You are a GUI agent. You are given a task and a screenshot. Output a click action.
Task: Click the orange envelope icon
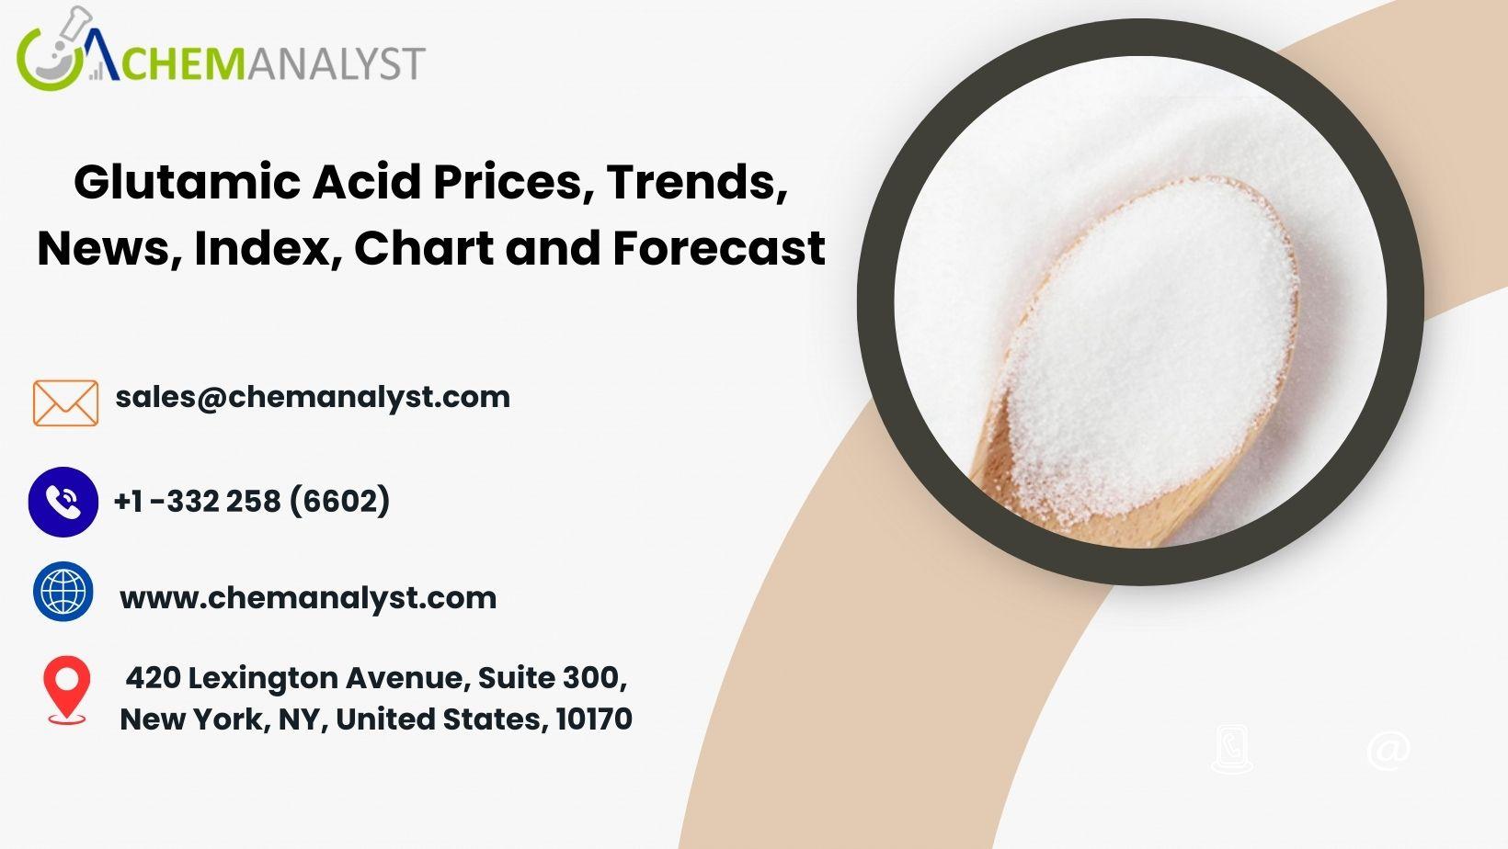click(65, 403)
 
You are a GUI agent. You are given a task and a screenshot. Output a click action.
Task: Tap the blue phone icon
click(63, 502)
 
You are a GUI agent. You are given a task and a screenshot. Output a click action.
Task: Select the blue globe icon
click(63, 592)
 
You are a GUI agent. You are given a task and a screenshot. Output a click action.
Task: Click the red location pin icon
click(66, 690)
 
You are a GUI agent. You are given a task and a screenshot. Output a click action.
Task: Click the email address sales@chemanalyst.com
click(313, 397)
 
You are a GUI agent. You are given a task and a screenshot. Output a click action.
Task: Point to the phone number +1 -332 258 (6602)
click(252, 501)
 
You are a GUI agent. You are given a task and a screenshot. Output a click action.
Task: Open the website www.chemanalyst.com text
click(308, 598)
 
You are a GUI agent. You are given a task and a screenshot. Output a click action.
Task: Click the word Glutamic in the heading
click(188, 182)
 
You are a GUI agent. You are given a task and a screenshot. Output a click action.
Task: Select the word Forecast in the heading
click(719, 248)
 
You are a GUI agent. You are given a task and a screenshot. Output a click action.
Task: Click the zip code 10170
click(594, 719)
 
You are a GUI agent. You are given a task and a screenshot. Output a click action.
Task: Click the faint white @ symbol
click(1388, 750)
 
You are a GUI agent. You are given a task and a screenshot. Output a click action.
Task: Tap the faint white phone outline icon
click(1232, 749)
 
